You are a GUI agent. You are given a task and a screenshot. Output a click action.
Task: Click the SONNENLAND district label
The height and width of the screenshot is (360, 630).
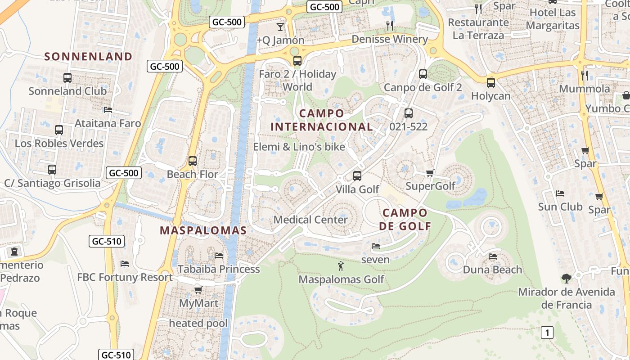[x=88, y=56]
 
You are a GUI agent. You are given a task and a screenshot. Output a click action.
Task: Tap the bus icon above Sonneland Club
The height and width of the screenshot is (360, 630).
[x=67, y=78]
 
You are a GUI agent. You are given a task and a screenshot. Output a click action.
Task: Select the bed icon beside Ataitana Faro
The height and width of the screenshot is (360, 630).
[x=108, y=110]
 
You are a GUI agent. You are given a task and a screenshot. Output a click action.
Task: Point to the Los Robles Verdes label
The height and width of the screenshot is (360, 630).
[x=59, y=144]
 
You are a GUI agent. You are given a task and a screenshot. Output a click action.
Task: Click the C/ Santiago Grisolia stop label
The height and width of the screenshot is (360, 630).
[x=52, y=183]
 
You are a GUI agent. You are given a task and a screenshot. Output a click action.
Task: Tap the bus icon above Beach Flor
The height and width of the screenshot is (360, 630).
[x=193, y=161]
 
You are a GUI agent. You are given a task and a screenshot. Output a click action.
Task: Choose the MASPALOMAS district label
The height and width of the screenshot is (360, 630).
[x=203, y=231]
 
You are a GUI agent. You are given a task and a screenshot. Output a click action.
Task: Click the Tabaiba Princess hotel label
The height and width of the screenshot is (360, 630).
[x=219, y=269]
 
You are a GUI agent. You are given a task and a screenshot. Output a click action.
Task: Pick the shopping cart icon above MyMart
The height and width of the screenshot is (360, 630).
[x=198, y=290]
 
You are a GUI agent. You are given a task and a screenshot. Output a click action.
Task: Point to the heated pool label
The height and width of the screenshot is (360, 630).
[x=198, y=323]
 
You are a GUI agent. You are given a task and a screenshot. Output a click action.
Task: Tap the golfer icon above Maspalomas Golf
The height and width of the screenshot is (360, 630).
[x=341, y=266]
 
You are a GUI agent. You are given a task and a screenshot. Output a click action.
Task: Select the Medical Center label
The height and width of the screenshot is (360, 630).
[x=310, y=220]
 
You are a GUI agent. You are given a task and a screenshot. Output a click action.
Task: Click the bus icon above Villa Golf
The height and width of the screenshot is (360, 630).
[x=357, y=176]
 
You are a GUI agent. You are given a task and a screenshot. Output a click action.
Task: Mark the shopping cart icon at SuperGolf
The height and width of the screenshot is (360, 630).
[x=430, y=173]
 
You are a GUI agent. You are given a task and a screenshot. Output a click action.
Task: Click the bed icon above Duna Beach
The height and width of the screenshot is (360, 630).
[x=493, y=256]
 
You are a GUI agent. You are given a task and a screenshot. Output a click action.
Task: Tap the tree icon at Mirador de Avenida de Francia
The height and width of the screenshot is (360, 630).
[x=567, y=279]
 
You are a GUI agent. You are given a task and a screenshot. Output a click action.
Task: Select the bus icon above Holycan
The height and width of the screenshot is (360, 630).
[x=491, y=83]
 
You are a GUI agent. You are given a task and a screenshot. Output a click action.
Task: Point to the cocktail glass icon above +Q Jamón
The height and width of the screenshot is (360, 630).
[x=280, y=27]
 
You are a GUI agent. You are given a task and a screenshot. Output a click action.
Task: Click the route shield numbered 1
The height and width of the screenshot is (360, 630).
[x=547, y=333]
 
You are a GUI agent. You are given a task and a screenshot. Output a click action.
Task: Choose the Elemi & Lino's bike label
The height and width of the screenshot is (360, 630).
[x=299, y=147]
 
